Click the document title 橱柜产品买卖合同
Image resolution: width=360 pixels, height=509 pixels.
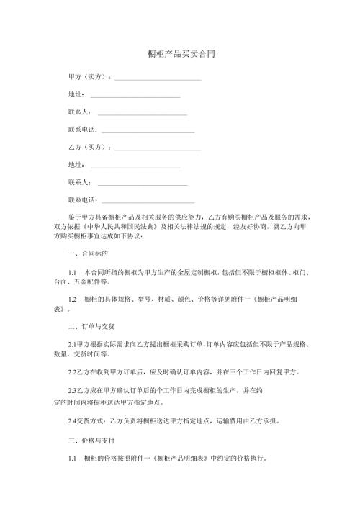pos(180,55)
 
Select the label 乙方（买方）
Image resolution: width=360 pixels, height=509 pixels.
pos(89,148)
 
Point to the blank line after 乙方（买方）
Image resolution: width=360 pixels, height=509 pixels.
pos(157,149)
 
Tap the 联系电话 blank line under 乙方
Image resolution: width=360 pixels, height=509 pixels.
pos(148,202)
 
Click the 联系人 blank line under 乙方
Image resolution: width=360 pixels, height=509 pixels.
pos(142,184)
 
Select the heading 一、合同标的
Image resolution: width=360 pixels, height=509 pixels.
pos(88,254)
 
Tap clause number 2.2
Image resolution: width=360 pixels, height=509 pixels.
pos(72,373)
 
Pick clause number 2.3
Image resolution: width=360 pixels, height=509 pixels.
pos(72,392)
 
